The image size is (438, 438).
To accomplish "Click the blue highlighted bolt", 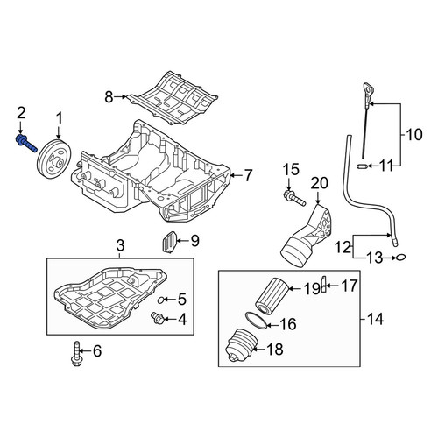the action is (25, 144).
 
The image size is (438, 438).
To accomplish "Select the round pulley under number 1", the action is (54, 159).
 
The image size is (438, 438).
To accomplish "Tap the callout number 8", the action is (109, 97).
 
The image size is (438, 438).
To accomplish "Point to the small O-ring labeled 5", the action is (160, 300).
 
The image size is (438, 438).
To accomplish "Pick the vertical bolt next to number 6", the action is (76, 353).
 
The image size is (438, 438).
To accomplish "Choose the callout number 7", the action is (248, 175).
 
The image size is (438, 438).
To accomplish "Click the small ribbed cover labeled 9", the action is (169, 242).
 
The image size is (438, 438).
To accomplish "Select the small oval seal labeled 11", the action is (362, 166).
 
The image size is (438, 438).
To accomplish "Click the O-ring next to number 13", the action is (400, 258).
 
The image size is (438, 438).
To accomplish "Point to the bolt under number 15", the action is (294, 198).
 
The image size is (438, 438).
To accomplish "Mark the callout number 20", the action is (320, 183).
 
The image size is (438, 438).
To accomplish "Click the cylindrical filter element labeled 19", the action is (272, 295).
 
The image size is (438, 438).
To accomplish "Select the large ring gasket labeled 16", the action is (256, 321).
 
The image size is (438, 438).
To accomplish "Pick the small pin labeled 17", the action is (323, 284).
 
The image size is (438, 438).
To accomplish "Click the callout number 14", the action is (375, 318).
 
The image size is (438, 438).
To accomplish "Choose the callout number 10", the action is (413, 135).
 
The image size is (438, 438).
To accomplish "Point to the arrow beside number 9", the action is (183, 241).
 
